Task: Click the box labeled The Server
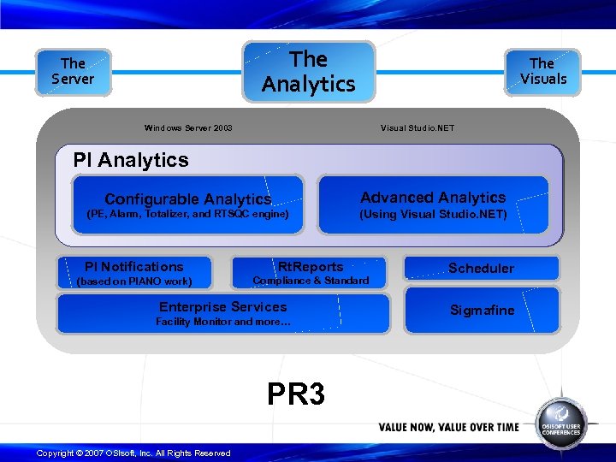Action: coord(73,72)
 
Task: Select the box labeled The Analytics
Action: coord(308,72)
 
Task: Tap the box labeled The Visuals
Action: coord(542,71)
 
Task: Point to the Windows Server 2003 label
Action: coord(188,128)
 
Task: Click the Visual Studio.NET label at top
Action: coord(418,128)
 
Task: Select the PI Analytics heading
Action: coord(131,160)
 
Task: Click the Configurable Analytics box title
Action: coord(187,199)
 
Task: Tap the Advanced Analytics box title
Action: coord(433,198)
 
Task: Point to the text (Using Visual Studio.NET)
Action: coord(433,214)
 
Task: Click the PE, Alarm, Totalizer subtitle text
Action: coord(188,214)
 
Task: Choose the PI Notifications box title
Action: coord(134,267)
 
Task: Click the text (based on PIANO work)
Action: coord(134,281)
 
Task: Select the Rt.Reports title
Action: coord(311,267)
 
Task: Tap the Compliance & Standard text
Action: coord(311,281)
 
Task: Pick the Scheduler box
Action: coord(481,269)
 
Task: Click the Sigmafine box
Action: coord(483,311)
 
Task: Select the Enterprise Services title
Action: coord(223,307)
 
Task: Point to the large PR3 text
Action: coord(296,394)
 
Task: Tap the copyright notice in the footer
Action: coord(133,453)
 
